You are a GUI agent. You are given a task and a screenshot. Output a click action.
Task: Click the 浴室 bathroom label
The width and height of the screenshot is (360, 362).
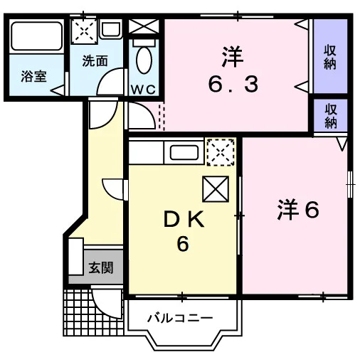(x=33, y=76)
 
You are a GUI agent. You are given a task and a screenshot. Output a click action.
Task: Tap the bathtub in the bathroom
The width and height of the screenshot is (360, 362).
(x=37, y=36)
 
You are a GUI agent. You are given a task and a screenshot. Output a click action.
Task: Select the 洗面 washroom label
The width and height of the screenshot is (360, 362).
(x=95, y=61)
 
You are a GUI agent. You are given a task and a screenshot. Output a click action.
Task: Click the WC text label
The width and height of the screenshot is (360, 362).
(x=144, y=90)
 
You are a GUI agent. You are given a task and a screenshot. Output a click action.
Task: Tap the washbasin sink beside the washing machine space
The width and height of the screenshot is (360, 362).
(x=110, y=29)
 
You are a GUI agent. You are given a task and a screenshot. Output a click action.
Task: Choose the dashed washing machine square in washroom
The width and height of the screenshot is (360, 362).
(x=84, y=31)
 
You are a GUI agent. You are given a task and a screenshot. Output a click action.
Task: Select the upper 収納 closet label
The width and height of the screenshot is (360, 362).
(x=330, y=58)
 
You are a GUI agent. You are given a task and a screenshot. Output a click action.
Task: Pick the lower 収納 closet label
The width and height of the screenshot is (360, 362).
(x=331, y=116)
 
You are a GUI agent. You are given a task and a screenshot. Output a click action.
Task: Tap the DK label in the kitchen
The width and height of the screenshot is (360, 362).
(x=184, y=220)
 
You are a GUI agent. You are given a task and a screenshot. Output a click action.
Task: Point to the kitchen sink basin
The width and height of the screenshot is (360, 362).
(x=184, y=152)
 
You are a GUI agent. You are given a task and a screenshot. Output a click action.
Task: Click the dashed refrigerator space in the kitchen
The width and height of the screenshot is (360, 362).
(x=221, y=152)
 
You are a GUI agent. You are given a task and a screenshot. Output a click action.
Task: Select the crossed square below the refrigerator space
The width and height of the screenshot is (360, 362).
(x=216, y=189)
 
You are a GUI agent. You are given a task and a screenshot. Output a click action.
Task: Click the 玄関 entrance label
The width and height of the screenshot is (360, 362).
(x=101, y=267)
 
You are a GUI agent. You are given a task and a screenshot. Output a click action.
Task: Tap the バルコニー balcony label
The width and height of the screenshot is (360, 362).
(x=180, y=318)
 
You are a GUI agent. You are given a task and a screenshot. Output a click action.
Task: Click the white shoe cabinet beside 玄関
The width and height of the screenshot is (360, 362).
(x=76, y=257)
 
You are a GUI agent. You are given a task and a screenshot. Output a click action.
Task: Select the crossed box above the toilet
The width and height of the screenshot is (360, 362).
(x=144, y=26)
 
